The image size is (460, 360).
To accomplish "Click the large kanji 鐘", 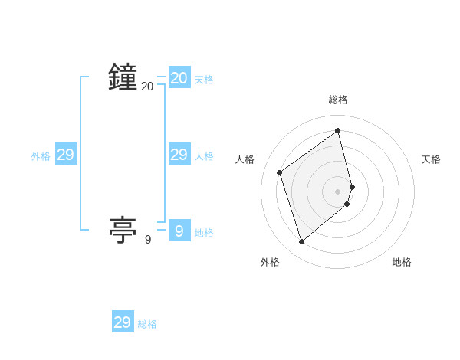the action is point(123,78).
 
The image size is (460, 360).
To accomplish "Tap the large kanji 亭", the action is point(123,231).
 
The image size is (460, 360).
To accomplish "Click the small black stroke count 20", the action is point(147,87).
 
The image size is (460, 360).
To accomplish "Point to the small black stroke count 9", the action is point(148,240).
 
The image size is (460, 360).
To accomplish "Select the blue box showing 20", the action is point(179,78).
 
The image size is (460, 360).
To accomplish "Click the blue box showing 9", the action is point(179,231).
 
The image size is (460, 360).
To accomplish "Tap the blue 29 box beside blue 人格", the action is point(179,155).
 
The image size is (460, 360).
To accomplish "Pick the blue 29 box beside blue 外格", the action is point(65,155).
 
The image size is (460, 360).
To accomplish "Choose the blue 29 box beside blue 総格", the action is point(122,322).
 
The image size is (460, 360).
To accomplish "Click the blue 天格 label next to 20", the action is point(204,80).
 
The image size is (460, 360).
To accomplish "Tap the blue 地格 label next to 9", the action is point(204,233).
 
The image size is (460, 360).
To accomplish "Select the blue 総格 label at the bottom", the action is point(147,325).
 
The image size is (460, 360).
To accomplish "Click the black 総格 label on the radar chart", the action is point(338,100).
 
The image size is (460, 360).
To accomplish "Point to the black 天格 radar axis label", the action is point(431,159).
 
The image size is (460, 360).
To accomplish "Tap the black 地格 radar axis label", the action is point(402,262).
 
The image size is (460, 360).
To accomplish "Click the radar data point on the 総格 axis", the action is point(338,130).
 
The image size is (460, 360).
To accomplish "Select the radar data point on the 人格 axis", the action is point(280,172).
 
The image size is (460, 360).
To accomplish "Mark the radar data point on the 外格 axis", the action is point(301,242).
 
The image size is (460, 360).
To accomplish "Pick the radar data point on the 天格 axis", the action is point(352,187).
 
